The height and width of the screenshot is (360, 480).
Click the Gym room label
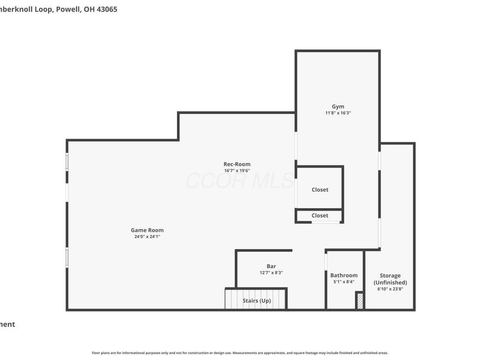tap(338, 106)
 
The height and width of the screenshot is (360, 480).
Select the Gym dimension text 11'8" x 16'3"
tap(338, 113)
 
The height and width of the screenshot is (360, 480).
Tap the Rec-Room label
tap(237, 164)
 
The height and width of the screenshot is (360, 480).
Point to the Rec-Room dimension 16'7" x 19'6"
tap(237, 170)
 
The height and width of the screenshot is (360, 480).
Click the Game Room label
tap(147, 230)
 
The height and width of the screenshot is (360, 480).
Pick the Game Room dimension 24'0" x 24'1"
tap(147, 236)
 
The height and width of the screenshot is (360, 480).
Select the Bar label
tap(271, 266)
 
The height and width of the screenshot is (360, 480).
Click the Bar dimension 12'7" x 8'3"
tap(271, 272)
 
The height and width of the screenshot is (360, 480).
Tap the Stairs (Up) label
tap(256, 300)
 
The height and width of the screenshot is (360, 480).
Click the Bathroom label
tap(344, 275)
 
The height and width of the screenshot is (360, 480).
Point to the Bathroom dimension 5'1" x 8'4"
tap(344, 282)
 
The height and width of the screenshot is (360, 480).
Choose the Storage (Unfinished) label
tap(390, 279)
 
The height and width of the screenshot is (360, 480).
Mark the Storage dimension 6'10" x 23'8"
tap(390, 289)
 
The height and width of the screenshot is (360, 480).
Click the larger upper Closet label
tap(320, 190)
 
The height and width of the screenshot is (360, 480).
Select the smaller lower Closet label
tap(320, 215)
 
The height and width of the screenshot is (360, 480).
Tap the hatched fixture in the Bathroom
tap(359, 301)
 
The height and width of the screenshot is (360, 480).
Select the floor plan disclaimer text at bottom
tap(240, 353)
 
